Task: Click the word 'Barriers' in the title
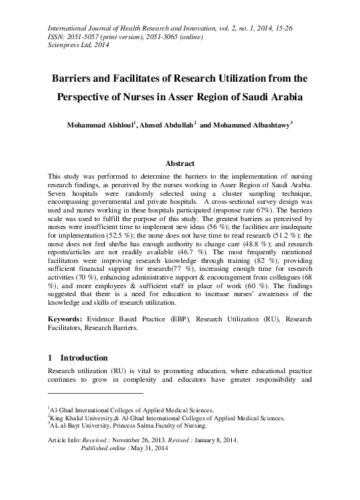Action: click(76, 76)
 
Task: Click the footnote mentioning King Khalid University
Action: click(166, 418)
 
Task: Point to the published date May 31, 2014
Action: click(147, 449)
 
